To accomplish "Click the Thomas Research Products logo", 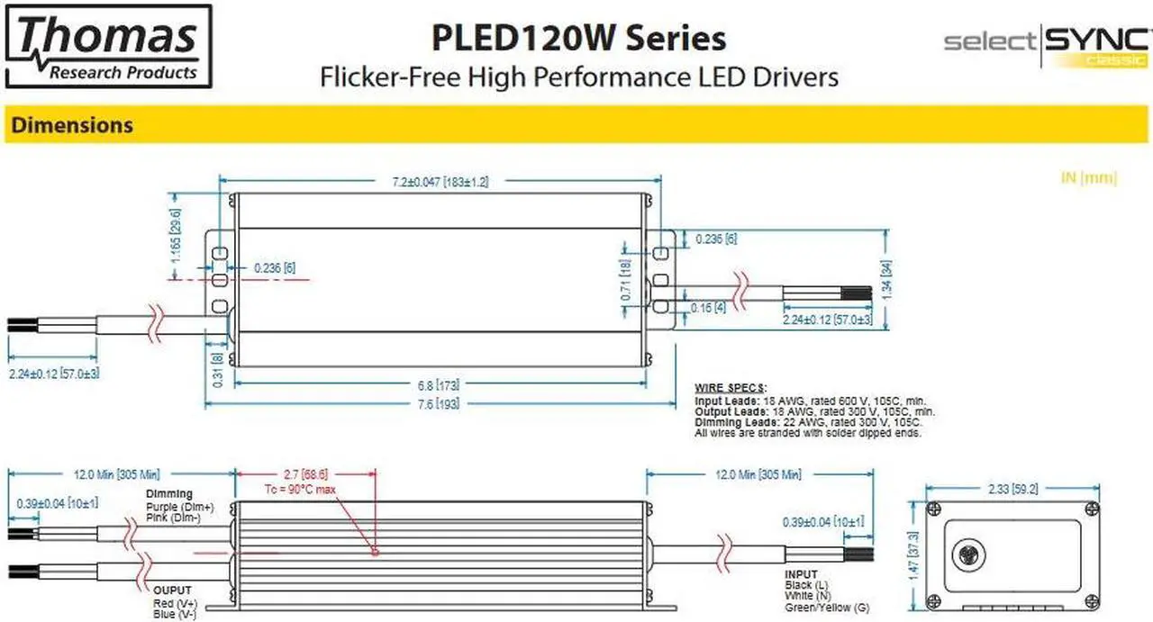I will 108,46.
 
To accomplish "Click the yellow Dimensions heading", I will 72,125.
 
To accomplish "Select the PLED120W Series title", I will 578,38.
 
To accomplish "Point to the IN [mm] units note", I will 1089,178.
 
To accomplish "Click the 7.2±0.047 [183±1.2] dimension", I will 440,182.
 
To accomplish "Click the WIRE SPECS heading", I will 730,388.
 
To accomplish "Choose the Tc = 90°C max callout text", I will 299,489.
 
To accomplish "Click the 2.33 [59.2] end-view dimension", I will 1013,490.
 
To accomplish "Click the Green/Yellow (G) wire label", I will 826,608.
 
